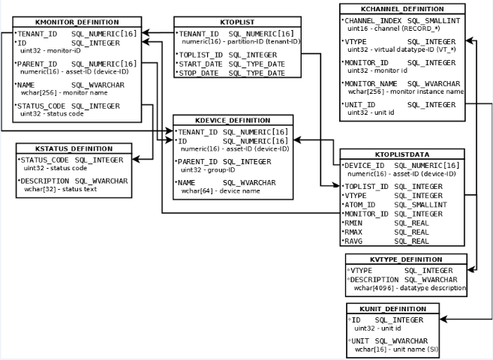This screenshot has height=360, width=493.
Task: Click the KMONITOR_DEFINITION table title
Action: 77,22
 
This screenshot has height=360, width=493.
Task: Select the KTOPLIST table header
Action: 237,22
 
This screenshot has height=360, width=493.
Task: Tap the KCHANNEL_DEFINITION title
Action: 402,8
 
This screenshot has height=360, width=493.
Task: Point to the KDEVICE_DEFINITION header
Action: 233,120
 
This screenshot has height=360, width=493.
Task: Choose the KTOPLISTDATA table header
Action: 401,154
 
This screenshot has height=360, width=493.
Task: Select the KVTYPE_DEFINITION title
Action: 406,259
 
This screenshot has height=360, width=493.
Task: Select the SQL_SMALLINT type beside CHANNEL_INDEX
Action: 437,20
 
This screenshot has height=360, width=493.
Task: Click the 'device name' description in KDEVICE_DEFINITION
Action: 239,190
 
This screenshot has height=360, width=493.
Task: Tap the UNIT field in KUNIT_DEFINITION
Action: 361,341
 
